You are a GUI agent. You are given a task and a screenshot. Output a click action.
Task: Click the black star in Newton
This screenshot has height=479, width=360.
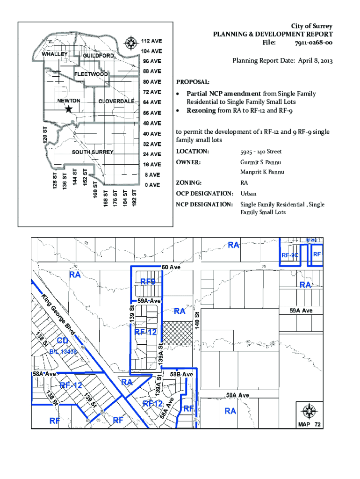pos(69,109)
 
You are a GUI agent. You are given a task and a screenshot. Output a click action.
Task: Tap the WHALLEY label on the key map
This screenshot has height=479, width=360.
pos(55,54)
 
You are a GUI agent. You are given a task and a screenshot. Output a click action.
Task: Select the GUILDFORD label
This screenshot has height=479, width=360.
pos(98,56)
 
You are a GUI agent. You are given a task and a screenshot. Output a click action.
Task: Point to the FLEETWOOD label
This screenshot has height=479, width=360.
pos(91,74)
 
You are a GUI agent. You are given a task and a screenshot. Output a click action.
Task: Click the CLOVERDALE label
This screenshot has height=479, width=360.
pos(116,102)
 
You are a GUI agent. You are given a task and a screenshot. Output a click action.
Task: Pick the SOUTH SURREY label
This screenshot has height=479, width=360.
pos(92,152)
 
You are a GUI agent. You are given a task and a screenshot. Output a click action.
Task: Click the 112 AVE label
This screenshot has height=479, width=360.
pos(152,40)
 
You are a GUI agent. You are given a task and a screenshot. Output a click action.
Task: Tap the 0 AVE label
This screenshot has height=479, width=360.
pos(152,185)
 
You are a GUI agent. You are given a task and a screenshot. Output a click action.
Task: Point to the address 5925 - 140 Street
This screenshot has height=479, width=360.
pos(261,152)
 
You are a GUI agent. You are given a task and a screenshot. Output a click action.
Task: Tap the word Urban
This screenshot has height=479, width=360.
pos(248,194)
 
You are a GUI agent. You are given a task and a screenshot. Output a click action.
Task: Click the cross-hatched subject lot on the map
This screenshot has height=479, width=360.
pos(177,333)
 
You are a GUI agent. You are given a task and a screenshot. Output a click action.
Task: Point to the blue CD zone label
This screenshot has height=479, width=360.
pos(63,340)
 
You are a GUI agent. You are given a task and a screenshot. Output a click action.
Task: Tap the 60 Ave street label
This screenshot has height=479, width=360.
pos(171,267)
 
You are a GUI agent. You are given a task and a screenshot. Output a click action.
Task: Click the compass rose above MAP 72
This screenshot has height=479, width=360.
pos(309,412)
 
